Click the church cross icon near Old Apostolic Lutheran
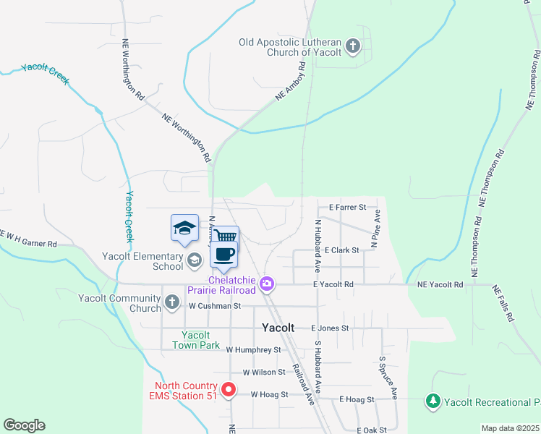(x=353, y=48)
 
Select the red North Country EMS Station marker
(x=229, y=390)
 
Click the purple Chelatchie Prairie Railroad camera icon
(x=268, y=284)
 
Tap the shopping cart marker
(x=226, y=237)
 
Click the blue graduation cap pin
(x=184, y=228)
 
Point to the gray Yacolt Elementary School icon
(x=194, y=259)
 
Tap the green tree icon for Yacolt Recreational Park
(x=433, y=401)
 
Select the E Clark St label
(x=342, y=250)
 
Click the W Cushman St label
(x=214, y=306)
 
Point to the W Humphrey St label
(x=253, y=349)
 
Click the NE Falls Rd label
(x=505, y=302)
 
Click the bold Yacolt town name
(x=278, y=328)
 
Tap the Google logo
(x=24, y=425)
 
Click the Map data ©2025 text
(x=510, y=428)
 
